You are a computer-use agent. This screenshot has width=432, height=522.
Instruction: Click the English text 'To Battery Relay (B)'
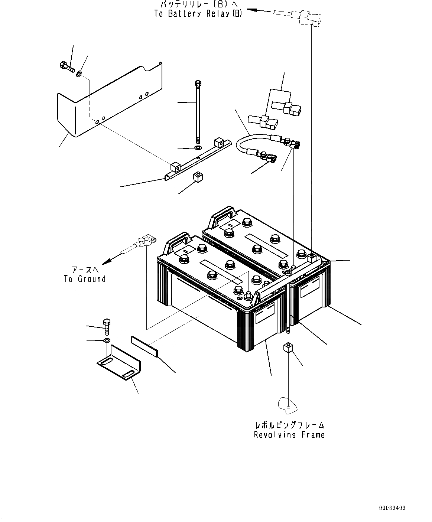[x=198, y=14]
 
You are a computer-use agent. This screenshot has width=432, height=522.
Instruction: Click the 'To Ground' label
[x=85, y=279]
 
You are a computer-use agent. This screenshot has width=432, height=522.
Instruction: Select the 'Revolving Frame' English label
[x=289, y=435]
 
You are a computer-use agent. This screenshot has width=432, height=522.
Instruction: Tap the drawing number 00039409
[x=392, y=508]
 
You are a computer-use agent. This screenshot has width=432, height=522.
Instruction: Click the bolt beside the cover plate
[x=66, y=67]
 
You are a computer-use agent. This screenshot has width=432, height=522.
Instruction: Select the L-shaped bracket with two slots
[x=120, y=363]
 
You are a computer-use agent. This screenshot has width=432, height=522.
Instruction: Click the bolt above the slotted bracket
[x=107, y=326]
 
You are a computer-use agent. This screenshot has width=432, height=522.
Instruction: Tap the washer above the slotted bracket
[x=107, y=340]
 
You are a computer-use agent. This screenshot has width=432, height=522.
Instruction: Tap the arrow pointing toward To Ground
[x=108, y=261]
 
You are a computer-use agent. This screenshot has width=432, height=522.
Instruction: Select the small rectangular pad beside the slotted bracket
[x=144, y=346]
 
